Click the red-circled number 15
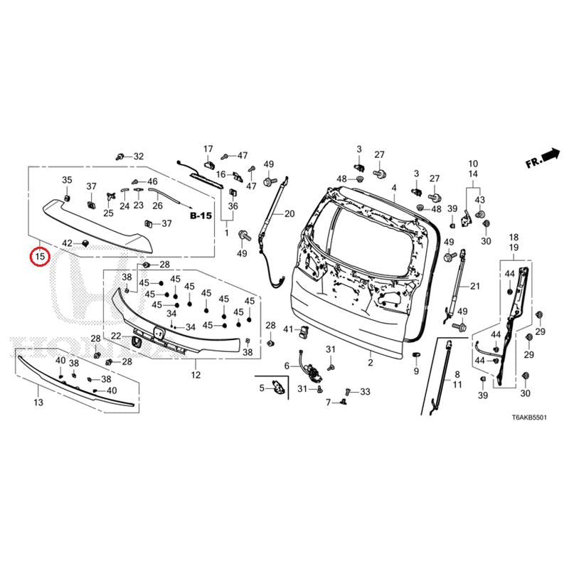coord(40,255)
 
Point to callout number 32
coord(138,156)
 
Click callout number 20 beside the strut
coord(289,213)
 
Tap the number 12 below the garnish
coord(196,374)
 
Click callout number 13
coord(38,403)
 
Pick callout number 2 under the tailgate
coord(370,363)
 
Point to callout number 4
coord(393,188)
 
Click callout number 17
coord(208,149)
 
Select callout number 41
coord(288,329)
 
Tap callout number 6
coord(287,366)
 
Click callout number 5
coord(262,388)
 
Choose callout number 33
coord(366,392)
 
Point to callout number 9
coord(416,371)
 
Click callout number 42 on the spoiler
coord(67,243)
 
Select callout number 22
coord(116,336)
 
